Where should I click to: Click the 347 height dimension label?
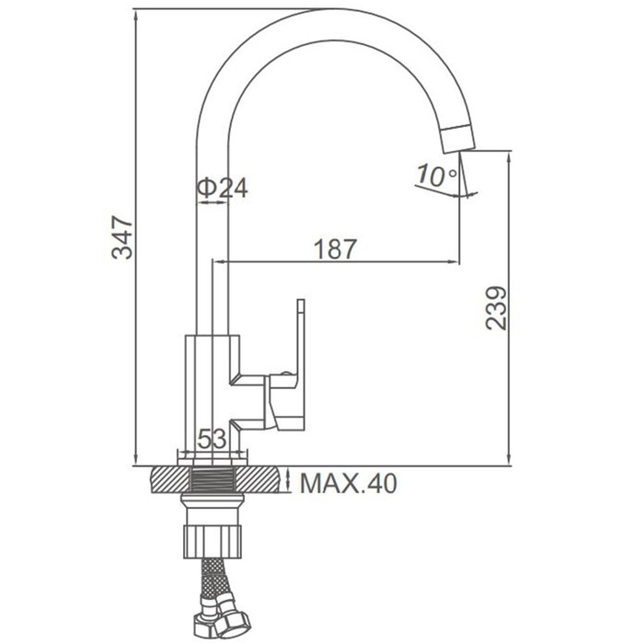pyautogui.click(x=122, y=237)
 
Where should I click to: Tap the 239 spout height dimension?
pyautogui.click(x=496, y=308)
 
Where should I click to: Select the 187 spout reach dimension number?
pyautogui.click(x=336, y=249)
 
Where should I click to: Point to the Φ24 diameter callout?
pyautogui.click(x=223, y=189)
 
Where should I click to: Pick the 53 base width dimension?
pyautogui.click(x=212, y=439)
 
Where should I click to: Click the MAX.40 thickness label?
pyautogui.click(x=349, y=483)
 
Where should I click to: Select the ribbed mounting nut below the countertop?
pyautogui.click(x=213, y=541)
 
